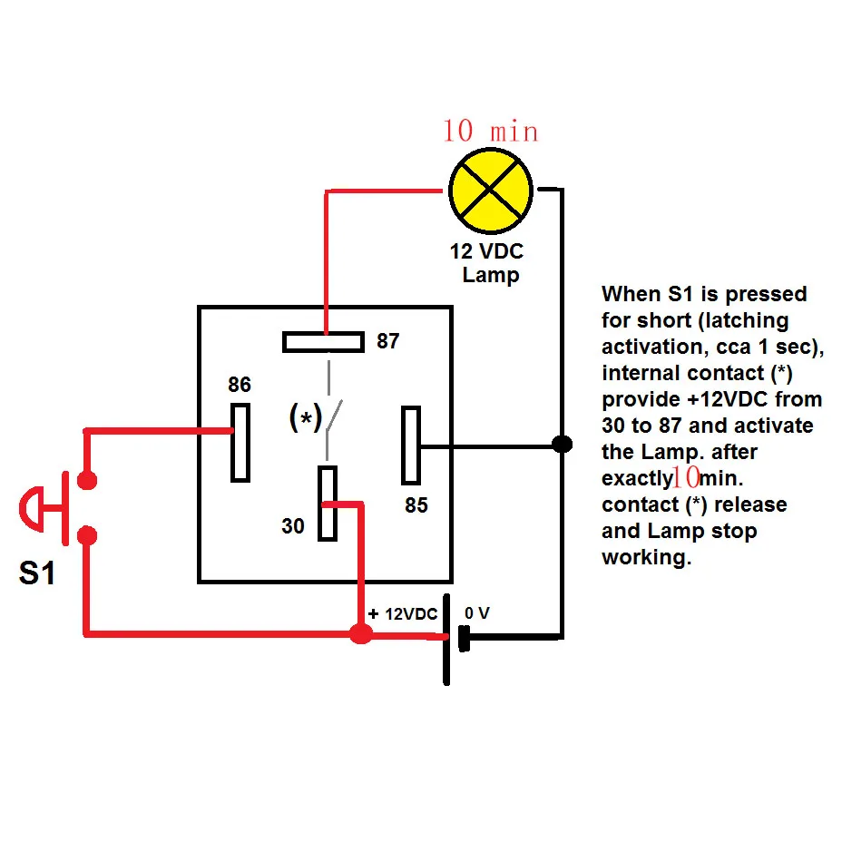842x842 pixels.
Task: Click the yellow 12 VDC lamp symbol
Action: click(491, 190)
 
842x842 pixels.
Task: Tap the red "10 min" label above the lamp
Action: click(490, 131)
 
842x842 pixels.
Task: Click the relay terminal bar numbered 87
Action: click(323, 342)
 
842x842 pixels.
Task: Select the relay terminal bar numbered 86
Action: click(240, 442)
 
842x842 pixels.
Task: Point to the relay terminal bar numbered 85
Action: click(411, 445)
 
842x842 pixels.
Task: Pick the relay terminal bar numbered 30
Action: click(327, 504)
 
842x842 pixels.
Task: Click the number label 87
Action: click(387, 342)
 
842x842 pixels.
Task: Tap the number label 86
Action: click(239, 385)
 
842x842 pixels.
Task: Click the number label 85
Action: click(416, 505)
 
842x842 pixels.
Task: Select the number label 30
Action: click(293, 525)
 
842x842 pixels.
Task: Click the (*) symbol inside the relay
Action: click(305, 418)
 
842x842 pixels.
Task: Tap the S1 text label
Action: click(37, 574)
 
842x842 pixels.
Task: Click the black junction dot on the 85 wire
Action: click(563, 445)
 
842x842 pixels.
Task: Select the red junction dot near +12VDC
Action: click(360, 633)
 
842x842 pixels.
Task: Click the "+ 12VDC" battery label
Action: click(403, 614)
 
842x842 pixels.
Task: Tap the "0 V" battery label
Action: click(477, 614)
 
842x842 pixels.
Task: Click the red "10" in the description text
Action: click(685, 478)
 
